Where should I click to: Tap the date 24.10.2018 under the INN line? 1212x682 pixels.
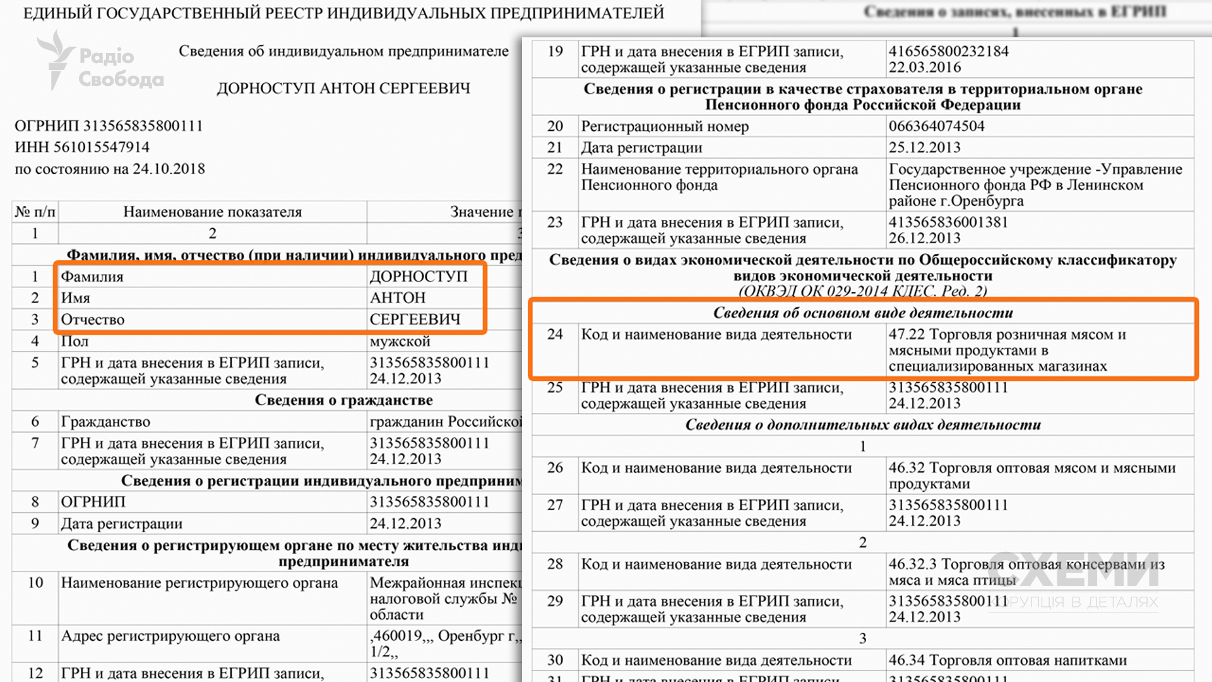click(x=169, y=169)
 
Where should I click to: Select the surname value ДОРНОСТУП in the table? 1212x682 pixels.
click(x=419, y=277)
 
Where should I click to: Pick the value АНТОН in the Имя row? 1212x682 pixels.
click(x=398, y=298)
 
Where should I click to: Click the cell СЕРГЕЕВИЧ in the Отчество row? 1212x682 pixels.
click(x=415, y=320)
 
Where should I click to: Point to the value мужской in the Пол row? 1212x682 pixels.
click(x=400, y=342)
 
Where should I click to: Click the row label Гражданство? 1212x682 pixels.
click(x=105, y=422)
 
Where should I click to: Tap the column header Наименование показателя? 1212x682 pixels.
click(x=212, y=212)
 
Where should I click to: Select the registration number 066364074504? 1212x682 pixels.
click(x=936, y=126)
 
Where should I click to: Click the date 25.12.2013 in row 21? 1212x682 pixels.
click(x=924, y=148)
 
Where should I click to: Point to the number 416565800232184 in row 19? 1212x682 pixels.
click(x=948, y=51)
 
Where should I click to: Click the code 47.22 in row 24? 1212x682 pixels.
click(x=906, y=335)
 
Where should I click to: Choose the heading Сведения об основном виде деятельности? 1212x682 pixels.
click(x=862, y=313)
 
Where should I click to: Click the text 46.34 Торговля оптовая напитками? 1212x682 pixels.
click(x=1007, y=661)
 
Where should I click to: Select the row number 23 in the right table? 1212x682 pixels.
click(x=555, y=222)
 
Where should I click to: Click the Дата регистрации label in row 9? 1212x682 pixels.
click(x=121, y=523)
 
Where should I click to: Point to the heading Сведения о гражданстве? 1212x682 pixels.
click(x=343, y=400)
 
